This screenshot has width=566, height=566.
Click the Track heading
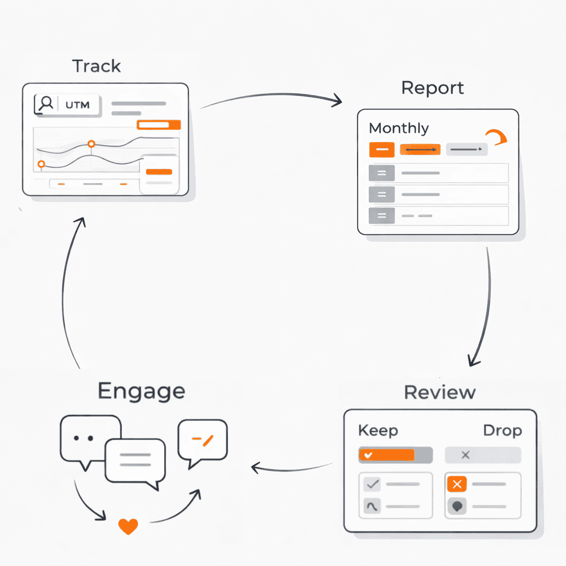(x=97, y=66)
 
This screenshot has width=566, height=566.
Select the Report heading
(x=432, y=88)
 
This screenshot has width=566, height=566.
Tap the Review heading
(x=439, y=392)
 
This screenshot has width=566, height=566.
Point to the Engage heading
(x=141, y=391)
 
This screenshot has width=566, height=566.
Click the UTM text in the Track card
(x=77, y=104)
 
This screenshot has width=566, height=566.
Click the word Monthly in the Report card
(x=399, y=128)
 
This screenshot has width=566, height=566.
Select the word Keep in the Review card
(x=378, y=431)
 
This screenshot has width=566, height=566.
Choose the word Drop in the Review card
(x=502, y=431)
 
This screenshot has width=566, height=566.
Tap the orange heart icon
(x=128, y=526)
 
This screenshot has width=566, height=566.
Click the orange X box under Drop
(x=457, y=484)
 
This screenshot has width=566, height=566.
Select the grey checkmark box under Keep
(x=373, y=484)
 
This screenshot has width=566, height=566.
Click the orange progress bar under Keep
(x=387, y=455)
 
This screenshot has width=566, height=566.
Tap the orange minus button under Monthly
(x=381, y=149)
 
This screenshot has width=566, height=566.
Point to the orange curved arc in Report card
(x=496, y=137)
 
